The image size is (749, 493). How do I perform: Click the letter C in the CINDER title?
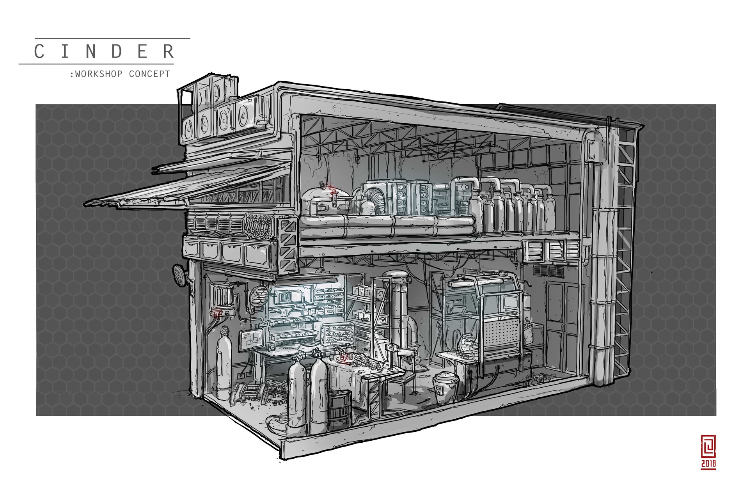coord(39,51)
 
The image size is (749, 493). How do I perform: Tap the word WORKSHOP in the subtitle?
coord(99,74)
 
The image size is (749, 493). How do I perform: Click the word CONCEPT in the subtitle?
coord(149,74)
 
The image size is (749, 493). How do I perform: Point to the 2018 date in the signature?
coord(708,464)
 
